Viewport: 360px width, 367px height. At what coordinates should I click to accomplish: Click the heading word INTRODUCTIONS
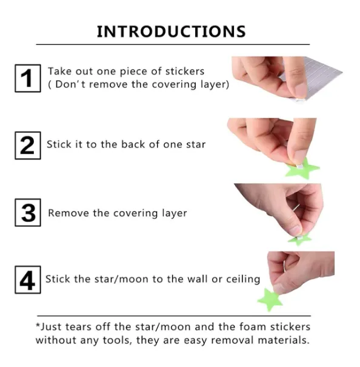coord(172,32)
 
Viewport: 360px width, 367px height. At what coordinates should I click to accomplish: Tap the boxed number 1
coord(28,78)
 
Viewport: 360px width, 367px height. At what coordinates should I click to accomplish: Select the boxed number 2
coord(28,146)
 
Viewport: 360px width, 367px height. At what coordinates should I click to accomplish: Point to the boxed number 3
coord(28,212)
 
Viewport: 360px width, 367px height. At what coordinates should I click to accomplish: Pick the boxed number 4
coord(28,280)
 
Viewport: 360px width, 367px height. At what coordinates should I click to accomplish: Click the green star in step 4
coord(270,300)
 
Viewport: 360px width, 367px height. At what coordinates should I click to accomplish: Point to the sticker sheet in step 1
coord(313,77)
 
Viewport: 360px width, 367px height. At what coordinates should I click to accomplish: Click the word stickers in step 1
coord(185,72)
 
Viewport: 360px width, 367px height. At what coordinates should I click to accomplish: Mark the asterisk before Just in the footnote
coord(38,325)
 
